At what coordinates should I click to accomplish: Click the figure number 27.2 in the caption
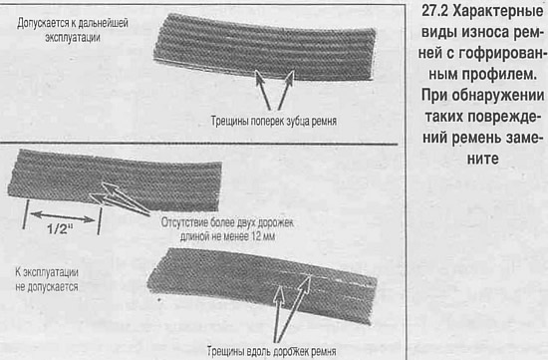pyautogui.click(x=434, y=11)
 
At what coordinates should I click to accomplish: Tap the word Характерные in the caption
pyautogui.click(x=497, y=12)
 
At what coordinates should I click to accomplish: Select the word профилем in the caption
pyautogui.click(x=500, y=75)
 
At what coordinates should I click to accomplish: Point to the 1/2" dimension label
pyautogui.click(x=60, y=228)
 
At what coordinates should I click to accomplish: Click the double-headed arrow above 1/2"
pyautogui.click(x=63, y=216)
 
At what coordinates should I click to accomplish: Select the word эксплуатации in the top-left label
pyautogui.click(x=73, y=38)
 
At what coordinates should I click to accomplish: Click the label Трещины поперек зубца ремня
pyautogui.click(x=274, y=121)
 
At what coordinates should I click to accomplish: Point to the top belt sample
pyautogui.click(x=265, y=47)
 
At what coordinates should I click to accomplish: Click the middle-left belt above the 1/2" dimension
pyautogui.click(x=115, y=180)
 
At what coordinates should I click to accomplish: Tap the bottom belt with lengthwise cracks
pyautogui.click(x=262, y=285)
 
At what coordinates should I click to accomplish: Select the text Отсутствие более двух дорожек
pyautogui.click(x=227, y=222)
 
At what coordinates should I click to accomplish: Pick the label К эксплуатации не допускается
pyautogui.click(x=47, y=279)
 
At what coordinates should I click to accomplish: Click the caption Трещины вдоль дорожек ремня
pyautogui.click(x=272, y=351)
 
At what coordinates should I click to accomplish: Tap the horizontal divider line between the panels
pyautogui.click(x=198, y=144)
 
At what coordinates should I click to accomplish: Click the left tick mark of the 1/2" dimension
pyautogui.click(x=25, y=214)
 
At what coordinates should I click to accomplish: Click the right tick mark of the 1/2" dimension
pyautogui.click(x=100, y=220)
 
